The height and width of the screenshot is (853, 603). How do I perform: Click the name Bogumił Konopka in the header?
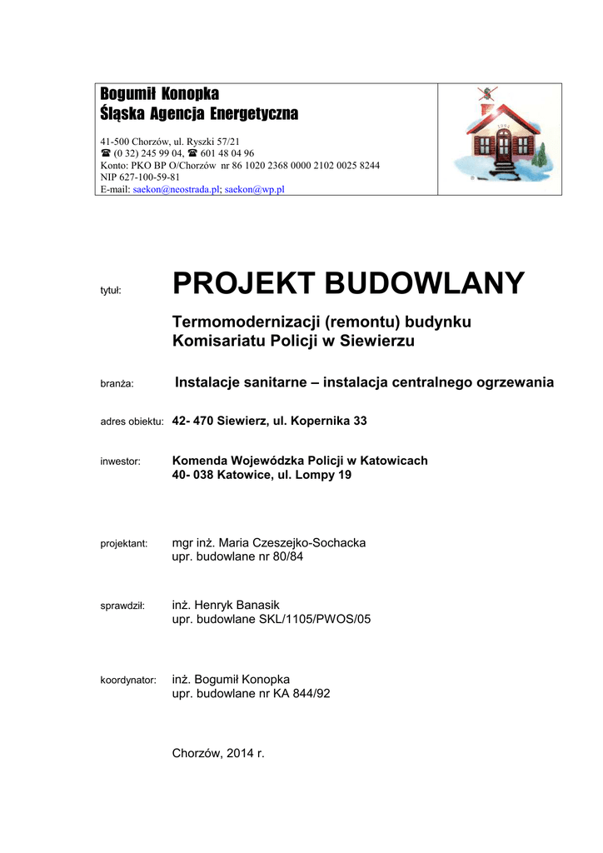(x=159, y=94)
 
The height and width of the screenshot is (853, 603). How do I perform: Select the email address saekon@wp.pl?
(x=255, y=189)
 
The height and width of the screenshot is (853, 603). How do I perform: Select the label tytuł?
(x=111, y=290)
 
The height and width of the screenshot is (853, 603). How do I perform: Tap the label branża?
(x=117, y=383)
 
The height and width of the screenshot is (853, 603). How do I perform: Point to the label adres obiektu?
(x=132, y=422)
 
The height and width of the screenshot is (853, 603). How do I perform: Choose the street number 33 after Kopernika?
(x=358, y=421)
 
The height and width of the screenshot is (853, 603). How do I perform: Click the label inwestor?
(x=120, y=461)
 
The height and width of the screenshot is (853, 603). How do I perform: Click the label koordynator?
(x=128, y=681)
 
